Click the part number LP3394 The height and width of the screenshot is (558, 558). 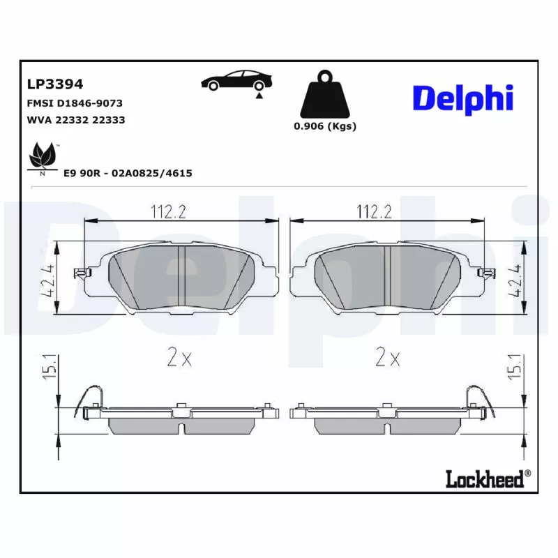coord(55,84)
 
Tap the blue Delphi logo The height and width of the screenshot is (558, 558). coord(462,98)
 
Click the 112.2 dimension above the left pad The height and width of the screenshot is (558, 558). coord(168,211)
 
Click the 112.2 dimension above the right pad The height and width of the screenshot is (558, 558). coord(374,211)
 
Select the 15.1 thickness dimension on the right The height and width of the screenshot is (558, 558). coord(516,367)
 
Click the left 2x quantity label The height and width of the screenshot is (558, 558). coord(179,358)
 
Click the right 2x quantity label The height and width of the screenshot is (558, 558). coord(388,358)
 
